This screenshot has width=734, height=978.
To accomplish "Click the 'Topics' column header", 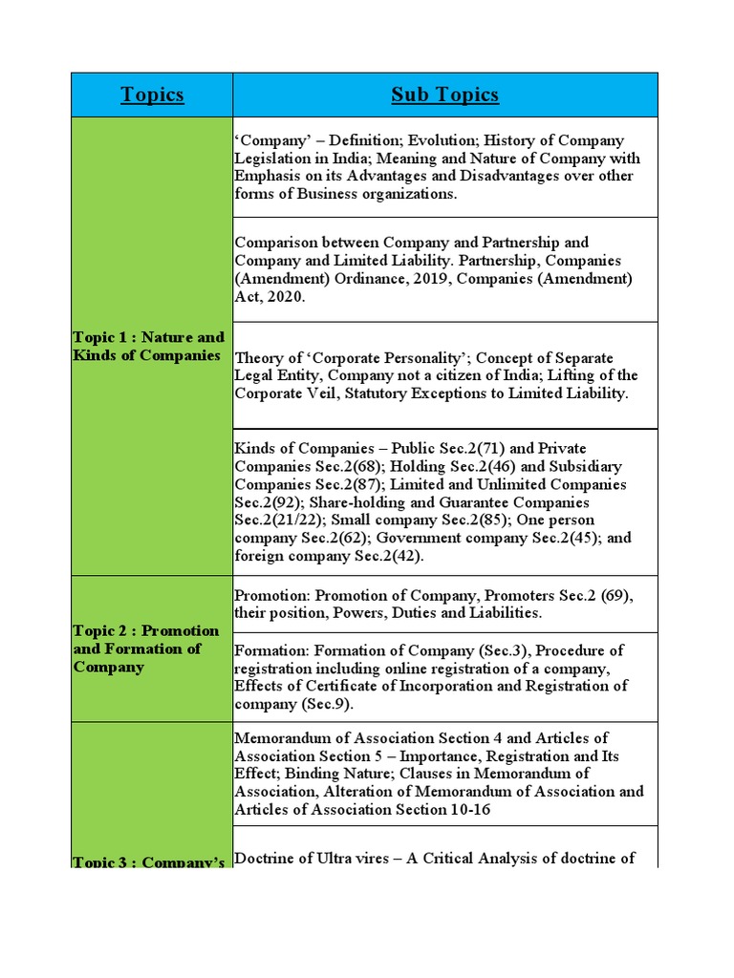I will pyautogui.click(x=152, y=95).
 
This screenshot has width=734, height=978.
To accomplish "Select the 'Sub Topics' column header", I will pyautogui.click(x=444, y=95).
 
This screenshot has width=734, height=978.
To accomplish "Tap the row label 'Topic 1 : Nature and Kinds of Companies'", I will pyautogui.click(x=148, y=346).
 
